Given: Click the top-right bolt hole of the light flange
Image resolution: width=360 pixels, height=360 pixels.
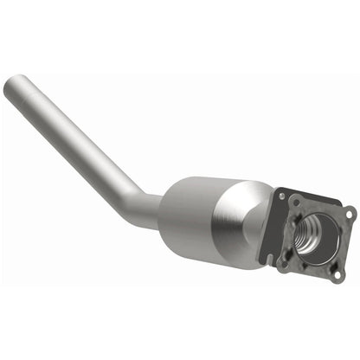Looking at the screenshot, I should pos(347,212).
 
